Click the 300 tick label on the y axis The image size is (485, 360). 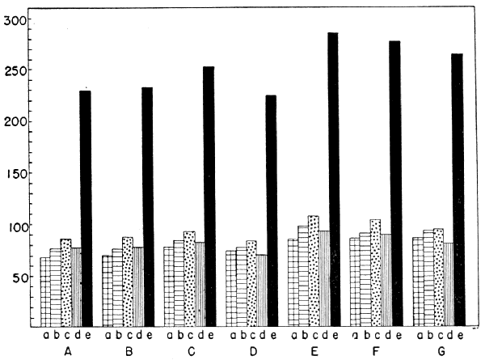click(x=16, y=19)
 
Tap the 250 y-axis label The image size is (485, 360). click(x=16, y=70)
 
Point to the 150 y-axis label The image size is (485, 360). click(x=16, y=174)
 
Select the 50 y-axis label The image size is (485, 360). click(x=19, y=277)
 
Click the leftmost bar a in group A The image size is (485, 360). click(x=45, y=291)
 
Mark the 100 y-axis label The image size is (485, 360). click(x=16, y=226)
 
